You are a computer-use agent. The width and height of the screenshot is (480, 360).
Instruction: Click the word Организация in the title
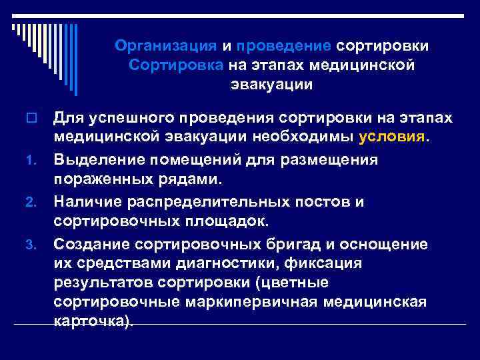click(165, 46)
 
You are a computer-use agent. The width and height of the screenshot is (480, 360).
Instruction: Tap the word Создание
click(88, 245)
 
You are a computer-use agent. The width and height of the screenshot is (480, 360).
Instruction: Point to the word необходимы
click(305, 136)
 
